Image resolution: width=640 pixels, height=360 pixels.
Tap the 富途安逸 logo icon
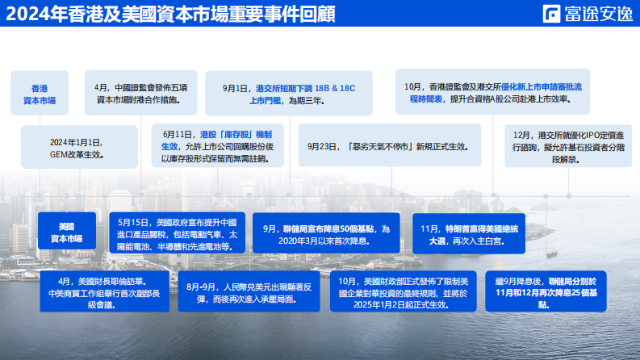point(553,14)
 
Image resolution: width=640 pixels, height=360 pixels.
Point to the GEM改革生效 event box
point(77,147)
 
